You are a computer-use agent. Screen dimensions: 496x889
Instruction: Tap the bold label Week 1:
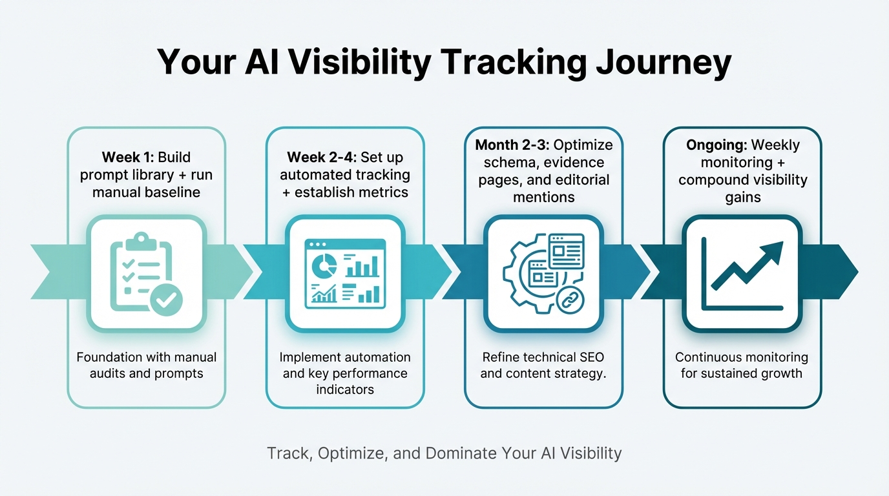[128, 157]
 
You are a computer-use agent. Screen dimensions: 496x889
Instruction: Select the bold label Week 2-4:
[321, 157]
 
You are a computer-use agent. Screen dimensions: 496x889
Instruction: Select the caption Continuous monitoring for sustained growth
[742, 365]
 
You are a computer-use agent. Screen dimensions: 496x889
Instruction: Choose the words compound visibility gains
[742, 188]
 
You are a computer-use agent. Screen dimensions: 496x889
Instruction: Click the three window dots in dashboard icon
[317, 245]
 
